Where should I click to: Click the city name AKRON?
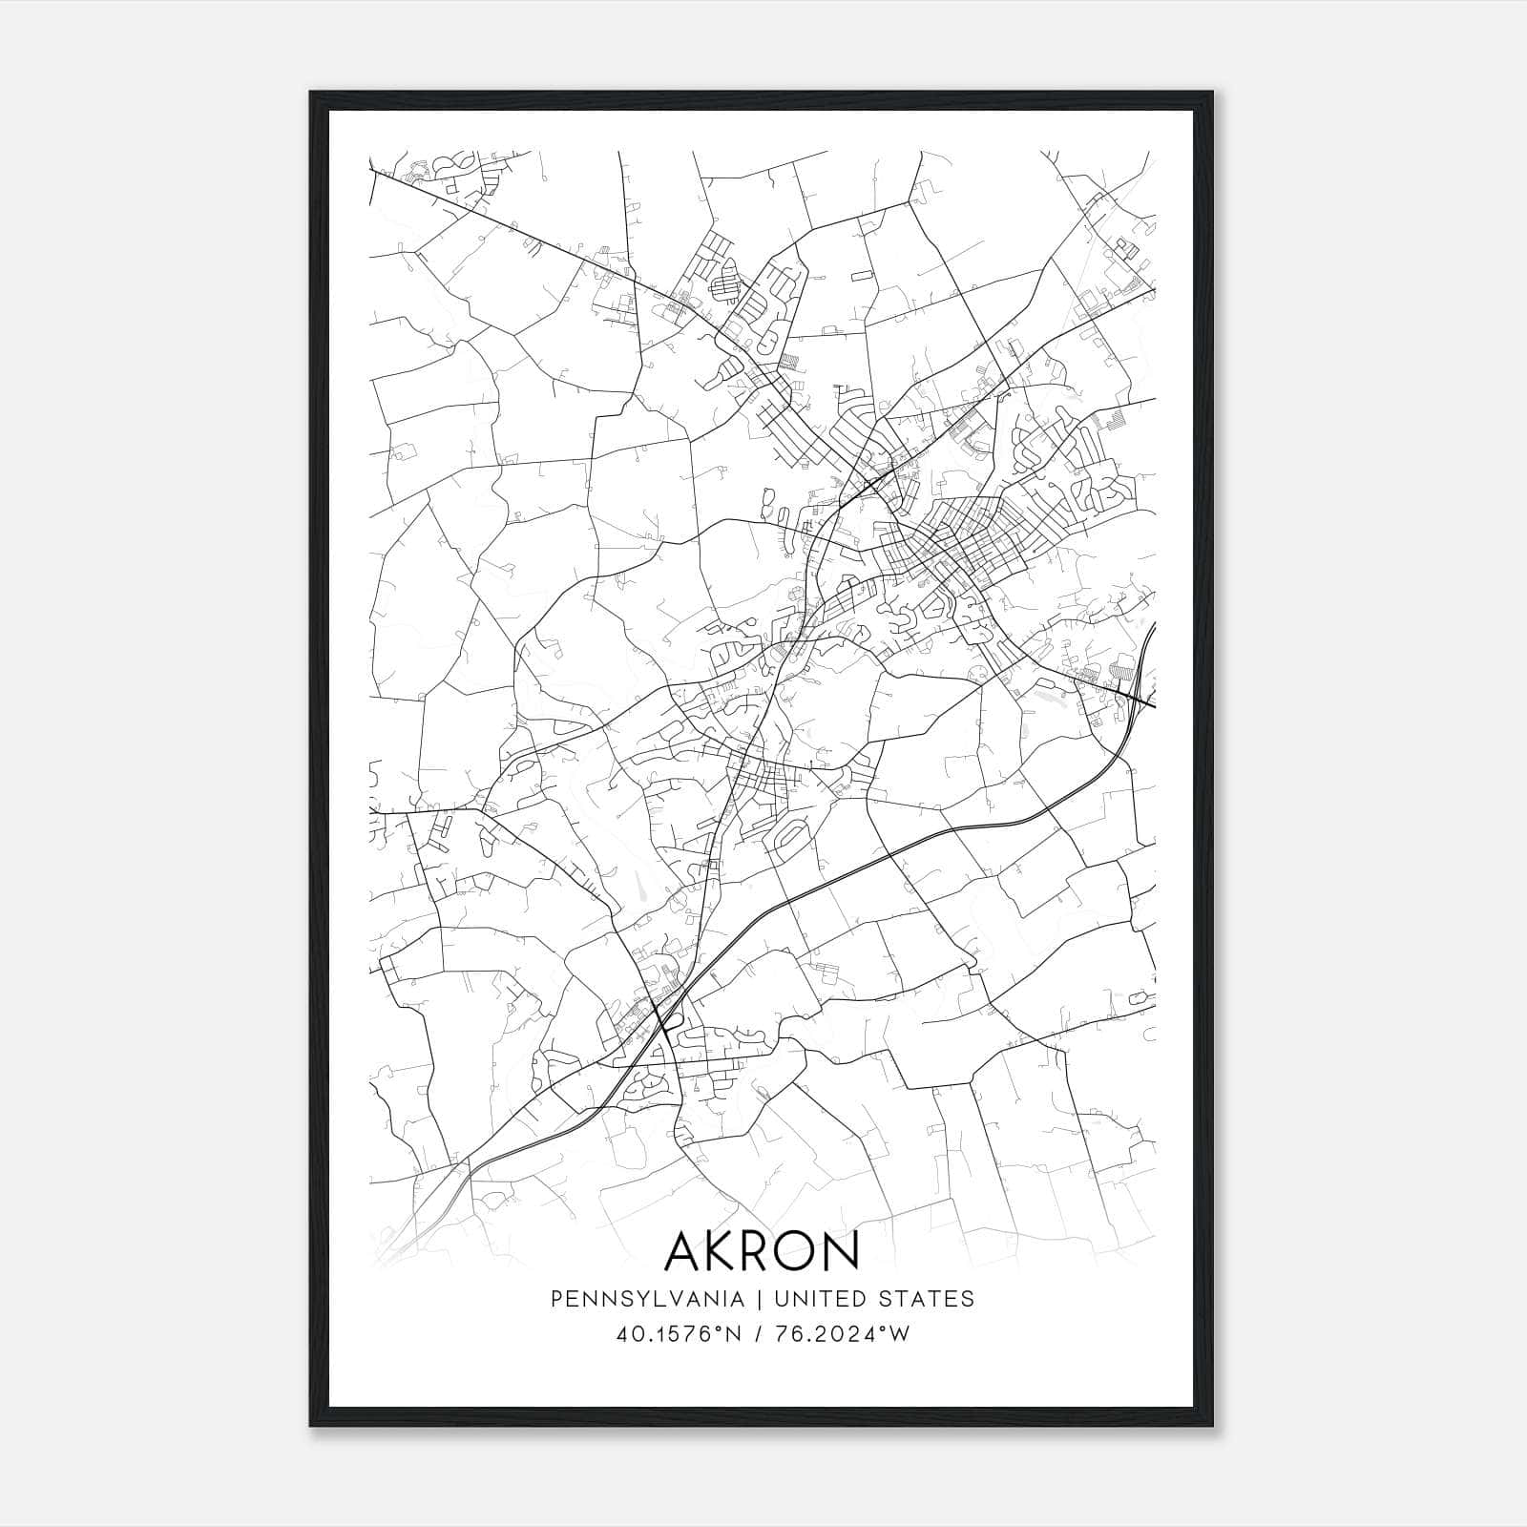(762, 1250)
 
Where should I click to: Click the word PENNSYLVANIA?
(633, 1299)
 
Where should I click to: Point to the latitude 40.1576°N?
(679, 1334)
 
